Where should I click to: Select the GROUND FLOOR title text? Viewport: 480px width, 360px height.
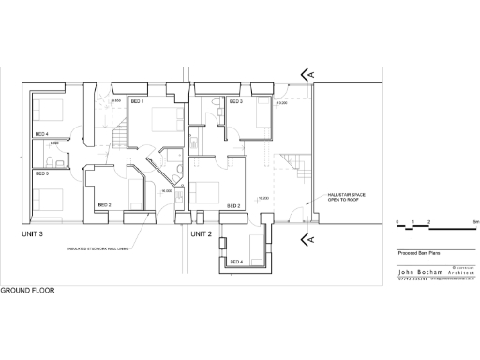(27, 291)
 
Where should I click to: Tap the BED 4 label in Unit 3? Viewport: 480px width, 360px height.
(40, 134)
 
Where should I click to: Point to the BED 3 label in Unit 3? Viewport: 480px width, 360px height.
(40, 173)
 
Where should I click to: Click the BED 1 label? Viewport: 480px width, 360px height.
(136, 100)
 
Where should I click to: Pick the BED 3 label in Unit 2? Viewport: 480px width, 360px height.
(234, 100)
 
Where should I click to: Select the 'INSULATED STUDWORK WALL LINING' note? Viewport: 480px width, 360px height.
(97, 249)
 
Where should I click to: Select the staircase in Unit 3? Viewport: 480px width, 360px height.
(117, 138)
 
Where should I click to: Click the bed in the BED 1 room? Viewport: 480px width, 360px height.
(167, 120)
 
